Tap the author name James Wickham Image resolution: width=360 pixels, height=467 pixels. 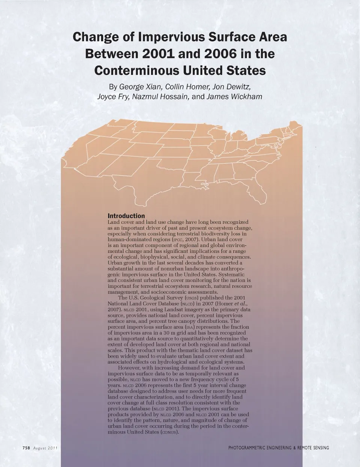(234, 97)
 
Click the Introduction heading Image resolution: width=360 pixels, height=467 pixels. (126, 216)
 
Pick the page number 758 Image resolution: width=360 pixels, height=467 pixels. (26, 448)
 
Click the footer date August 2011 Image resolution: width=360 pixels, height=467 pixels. (45, 448)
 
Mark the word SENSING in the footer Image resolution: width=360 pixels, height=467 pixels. (319, 448)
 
